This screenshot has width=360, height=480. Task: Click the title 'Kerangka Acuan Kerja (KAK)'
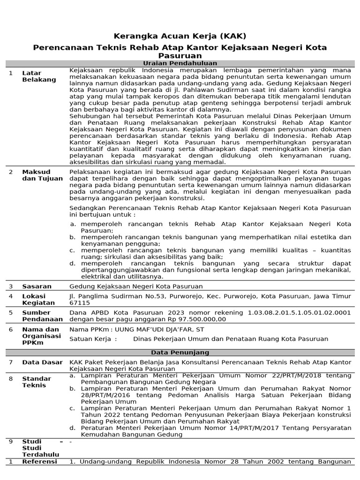(x=180, y=36)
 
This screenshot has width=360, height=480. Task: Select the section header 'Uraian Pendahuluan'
(x=180, y=63)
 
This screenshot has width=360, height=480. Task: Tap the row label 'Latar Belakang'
(x=39, y=76)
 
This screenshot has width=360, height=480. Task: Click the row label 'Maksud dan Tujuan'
(x=42, y=175)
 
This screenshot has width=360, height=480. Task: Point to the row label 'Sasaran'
(x=37, y=286)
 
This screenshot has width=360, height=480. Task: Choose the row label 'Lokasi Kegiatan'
(x=38, y=300)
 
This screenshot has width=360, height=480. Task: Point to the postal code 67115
(x=79, y=303)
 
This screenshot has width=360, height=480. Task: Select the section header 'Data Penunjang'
(x=180, y=352)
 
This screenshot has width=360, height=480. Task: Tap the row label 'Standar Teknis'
(x=37, y=382)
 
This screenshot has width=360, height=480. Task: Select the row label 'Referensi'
(x=39, y=462)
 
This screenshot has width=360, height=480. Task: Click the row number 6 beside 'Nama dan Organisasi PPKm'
(x=11, y=329)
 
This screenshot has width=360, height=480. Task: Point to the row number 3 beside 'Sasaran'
(x=11, y=286)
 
